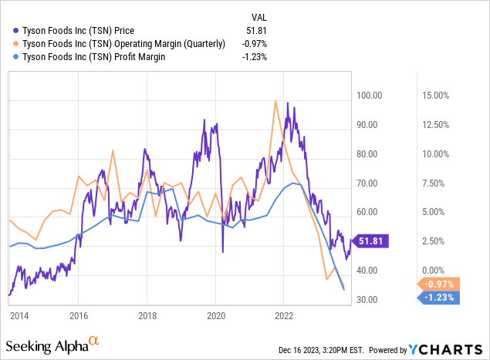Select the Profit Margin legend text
click(x=97, y=57)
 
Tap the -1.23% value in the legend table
click(x=257, y=57)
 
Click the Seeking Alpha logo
click(x=52, y=345)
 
